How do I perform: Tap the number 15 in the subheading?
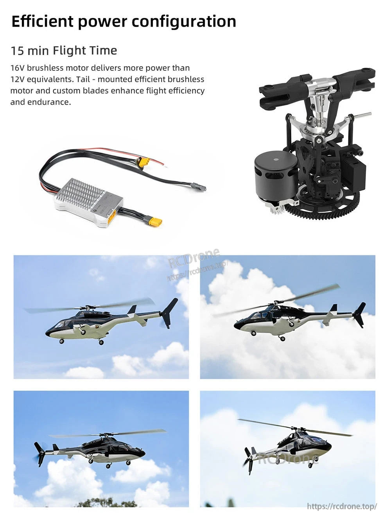(18, 51)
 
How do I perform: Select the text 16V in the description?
(18, 68)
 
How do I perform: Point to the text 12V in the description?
(17, 79)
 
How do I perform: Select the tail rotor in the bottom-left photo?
(39, 454)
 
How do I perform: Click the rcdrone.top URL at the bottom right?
(342, 506)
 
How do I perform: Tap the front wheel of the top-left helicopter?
(62, 341)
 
